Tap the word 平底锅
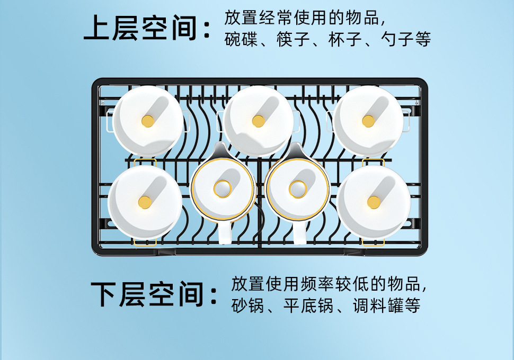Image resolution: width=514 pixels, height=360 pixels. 308,305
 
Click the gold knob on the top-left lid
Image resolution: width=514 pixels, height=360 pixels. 148,121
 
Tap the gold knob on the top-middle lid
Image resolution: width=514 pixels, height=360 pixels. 258,121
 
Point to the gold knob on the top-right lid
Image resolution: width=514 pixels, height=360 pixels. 368,121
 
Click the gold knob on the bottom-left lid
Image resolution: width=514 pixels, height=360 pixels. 145,202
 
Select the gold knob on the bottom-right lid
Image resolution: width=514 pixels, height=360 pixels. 374,202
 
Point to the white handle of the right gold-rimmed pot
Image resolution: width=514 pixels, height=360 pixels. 299,233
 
